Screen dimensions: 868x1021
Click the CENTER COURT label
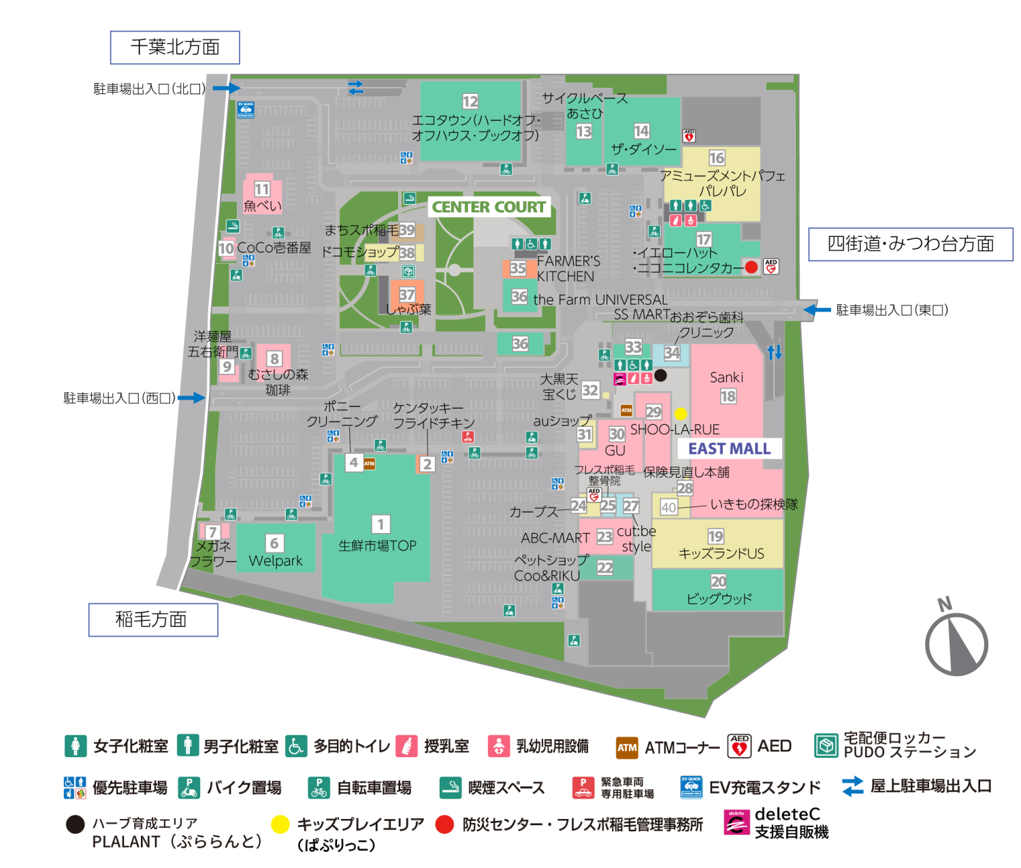tap(489, 207)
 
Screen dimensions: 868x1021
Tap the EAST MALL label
tap(729, 449)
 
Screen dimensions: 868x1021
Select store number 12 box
tap(470, 101)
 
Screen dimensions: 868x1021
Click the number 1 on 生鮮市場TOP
tap(380, 524)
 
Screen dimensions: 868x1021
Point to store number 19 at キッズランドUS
tap(715, 536)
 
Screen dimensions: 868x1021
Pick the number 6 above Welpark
tap(274, 543)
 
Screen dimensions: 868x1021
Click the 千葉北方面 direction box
tap(175, 47)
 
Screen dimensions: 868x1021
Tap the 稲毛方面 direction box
tap(153, 620)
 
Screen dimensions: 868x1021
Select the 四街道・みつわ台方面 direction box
tap(910, 244)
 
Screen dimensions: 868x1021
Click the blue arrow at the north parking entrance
tap(226, 88)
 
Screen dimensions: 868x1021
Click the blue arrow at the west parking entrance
tap(191, 398)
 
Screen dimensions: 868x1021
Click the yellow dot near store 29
tap(681, 413)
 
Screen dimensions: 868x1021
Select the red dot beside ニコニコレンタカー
tap(751, 267)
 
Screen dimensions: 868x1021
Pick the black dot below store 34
tap(660, 375)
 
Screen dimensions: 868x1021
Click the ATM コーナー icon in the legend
tap(627, 747)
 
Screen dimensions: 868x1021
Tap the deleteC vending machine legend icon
tap(736, 822)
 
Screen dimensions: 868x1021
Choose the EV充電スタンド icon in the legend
tap(691, 786)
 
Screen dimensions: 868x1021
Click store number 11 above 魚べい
tap(262, 189)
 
